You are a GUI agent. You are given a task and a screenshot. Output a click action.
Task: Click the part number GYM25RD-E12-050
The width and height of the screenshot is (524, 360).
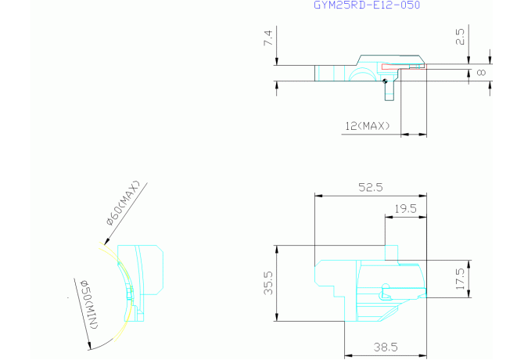(x=367, y=5)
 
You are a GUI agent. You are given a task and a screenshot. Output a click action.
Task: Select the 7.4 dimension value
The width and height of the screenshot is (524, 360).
(x=268, y=38)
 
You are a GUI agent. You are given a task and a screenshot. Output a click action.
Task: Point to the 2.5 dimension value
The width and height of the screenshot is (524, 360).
(x=460, y=37)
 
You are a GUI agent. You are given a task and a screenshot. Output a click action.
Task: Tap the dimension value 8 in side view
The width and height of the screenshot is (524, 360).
(x=481, y=72)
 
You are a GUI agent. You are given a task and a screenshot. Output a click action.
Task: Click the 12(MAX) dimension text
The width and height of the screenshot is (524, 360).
(x=368, y=126)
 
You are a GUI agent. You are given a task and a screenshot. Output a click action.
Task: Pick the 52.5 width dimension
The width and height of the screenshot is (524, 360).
(x=371, y=187)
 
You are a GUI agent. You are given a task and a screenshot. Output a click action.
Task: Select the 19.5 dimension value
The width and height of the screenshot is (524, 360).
(x=406, y=209)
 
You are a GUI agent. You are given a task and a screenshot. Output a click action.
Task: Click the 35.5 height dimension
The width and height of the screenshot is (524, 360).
(x=268, y=283)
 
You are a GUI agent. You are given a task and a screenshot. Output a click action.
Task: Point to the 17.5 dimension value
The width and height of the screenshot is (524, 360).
(x=460, y=279)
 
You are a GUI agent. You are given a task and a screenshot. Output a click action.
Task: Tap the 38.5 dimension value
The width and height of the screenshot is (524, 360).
(x=386, y=347)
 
